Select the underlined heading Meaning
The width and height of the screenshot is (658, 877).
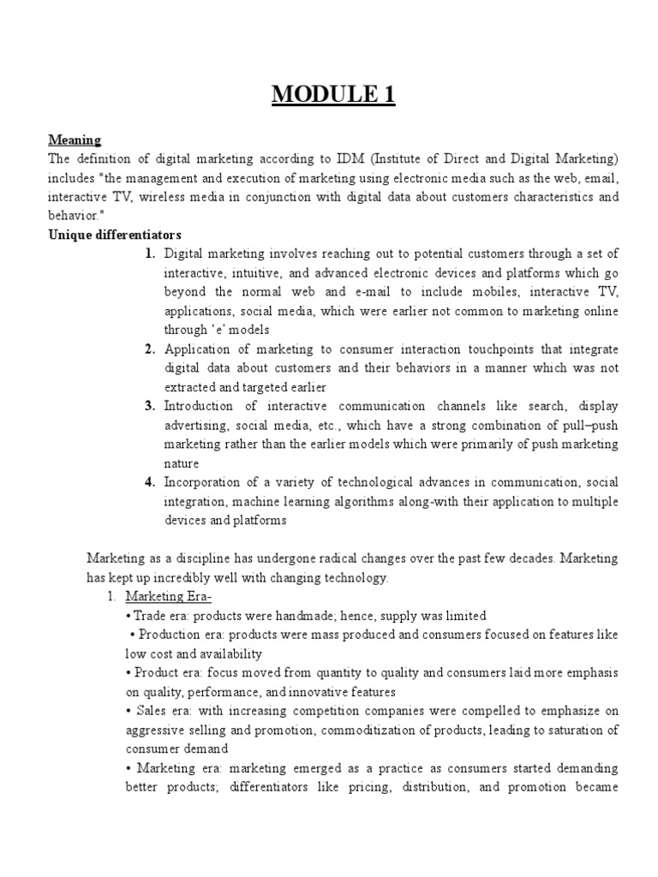point(75,140)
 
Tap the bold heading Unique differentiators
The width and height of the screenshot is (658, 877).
point(115,235)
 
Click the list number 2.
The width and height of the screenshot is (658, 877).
point(149,349)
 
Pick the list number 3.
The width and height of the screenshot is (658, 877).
point(149,405)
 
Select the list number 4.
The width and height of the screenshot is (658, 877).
point(149,482)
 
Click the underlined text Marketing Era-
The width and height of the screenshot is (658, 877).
point(169,597)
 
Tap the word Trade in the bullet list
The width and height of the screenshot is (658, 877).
point(147,616)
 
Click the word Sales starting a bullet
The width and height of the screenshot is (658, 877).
point(151,711)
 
